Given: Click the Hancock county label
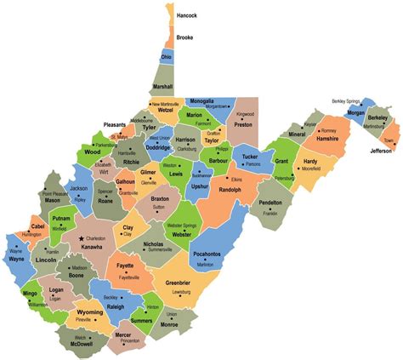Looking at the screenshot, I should point(187,15).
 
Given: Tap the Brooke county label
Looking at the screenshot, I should point(184,37).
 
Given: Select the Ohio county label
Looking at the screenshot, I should point(167,57).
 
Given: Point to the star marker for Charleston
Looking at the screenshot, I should point(82,238).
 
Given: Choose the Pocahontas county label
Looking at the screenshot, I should point(207,254).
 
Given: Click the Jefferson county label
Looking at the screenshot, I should point(381,151).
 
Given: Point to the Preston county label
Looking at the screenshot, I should point(244,123).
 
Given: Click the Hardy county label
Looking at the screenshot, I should point(310,160).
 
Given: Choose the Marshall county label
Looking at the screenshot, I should point(162,87).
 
